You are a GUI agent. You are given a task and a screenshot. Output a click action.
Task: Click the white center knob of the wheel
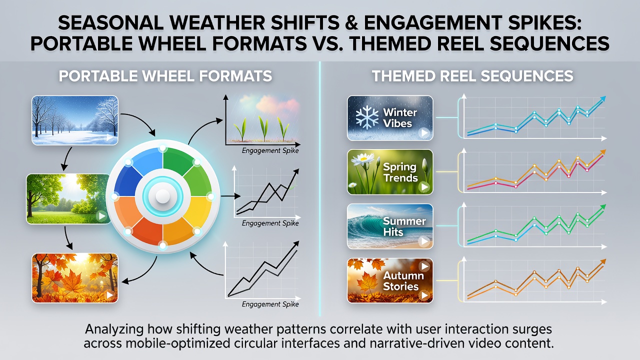coord(162,196)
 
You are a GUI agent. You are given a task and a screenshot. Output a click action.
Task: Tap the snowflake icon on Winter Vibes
coord(367,117)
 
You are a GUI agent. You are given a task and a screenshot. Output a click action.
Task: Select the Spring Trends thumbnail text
coord(400,172)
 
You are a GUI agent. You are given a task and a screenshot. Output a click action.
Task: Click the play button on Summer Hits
coord(424,241)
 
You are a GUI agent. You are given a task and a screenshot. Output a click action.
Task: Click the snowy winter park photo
coord(75,120)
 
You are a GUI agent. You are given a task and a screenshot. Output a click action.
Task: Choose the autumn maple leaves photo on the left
coord(75,278)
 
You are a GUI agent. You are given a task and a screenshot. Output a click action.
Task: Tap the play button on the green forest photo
coord(101,216)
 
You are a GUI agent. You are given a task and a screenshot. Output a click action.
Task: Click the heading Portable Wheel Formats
coord(165,76)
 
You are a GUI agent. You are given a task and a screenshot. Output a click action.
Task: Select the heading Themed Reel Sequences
coord(472,76)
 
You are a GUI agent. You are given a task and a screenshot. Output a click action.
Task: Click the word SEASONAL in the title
coord(111,22)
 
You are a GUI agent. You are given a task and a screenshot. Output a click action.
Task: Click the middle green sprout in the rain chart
coord(263,128)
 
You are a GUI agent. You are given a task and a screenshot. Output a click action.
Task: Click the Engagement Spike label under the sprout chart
coord(270,150)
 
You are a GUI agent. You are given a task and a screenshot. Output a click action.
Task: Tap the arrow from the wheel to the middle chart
coord(230,196)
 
